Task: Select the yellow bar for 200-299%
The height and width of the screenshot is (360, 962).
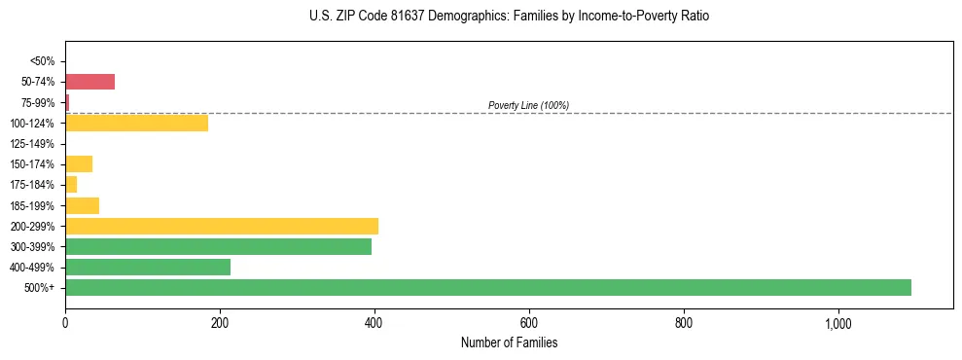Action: coord(222,226)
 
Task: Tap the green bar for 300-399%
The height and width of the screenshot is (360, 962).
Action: coord(218,246)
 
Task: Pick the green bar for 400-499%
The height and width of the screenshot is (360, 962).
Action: coord(148,267)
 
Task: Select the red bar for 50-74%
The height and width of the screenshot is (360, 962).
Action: coord(89,82)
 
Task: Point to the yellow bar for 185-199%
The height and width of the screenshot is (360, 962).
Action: coord(82,205)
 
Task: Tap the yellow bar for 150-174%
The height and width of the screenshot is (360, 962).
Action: coord(79,163)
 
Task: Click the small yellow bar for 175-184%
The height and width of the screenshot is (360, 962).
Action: coord(71,184)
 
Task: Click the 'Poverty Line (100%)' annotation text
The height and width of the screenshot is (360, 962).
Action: coord(528,105)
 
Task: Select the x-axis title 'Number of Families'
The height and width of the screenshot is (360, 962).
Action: coord(509,342)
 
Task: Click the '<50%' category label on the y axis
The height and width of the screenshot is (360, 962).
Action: coord(42,61)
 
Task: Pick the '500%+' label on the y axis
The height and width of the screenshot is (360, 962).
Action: coord(40,288)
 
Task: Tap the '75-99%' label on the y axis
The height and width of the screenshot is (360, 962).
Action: coord(38,102)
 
